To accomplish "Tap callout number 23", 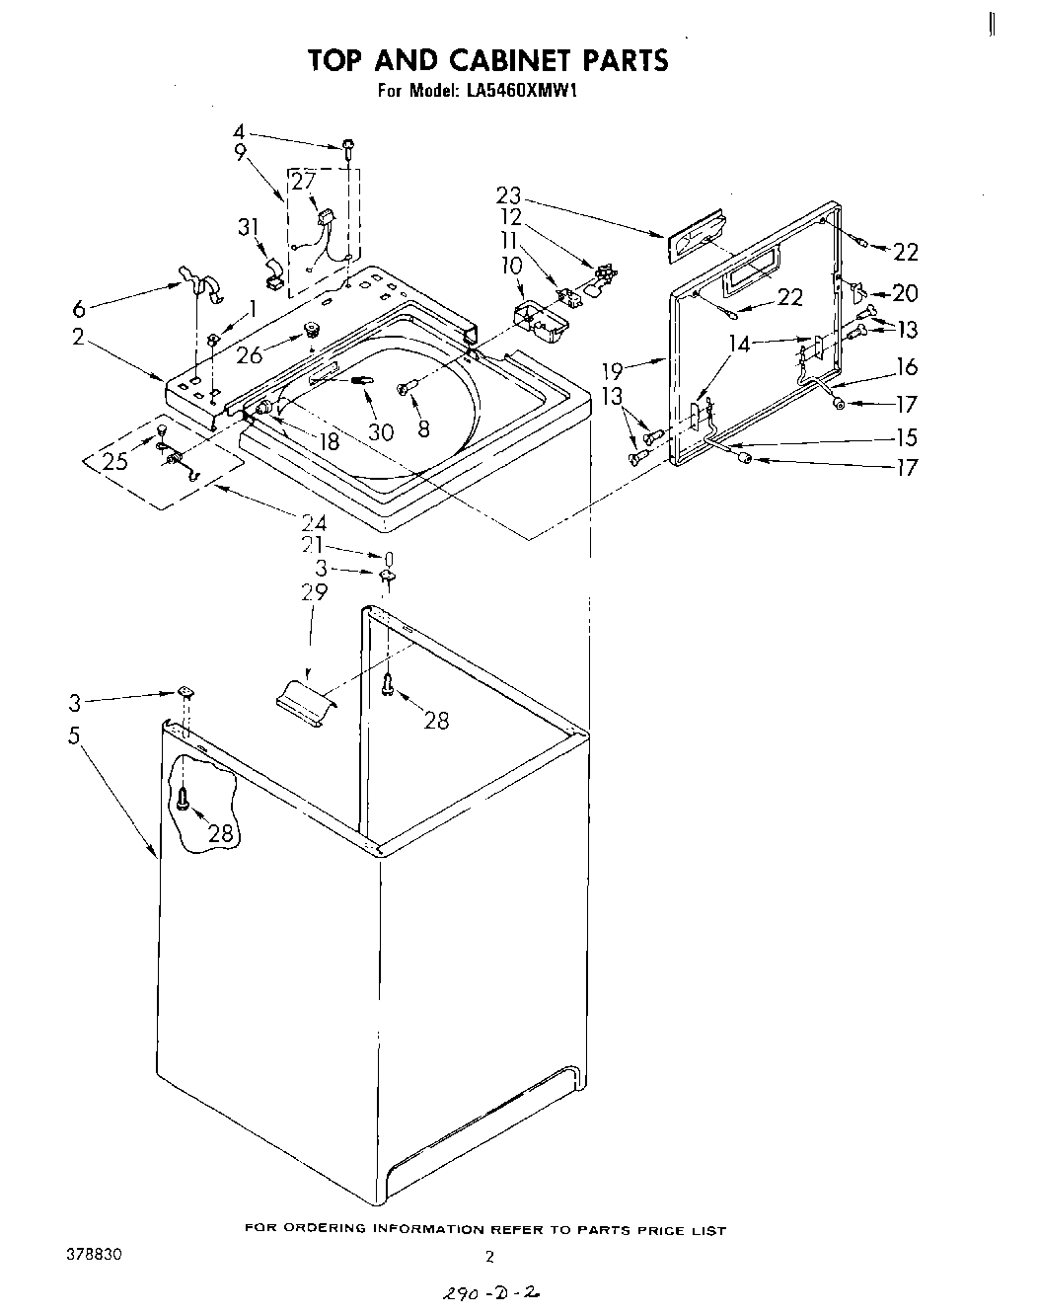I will pos(508,195).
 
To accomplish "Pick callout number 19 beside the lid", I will pos(613,371).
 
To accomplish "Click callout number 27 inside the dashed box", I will pos(303,181).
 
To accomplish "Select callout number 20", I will pos(905,293).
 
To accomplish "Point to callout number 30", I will pos(381,431).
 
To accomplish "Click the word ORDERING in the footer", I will pos(332,1230).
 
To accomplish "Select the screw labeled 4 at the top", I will pos(349,148).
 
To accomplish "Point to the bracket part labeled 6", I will pos(199,282).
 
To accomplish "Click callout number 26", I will pos(250,355).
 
